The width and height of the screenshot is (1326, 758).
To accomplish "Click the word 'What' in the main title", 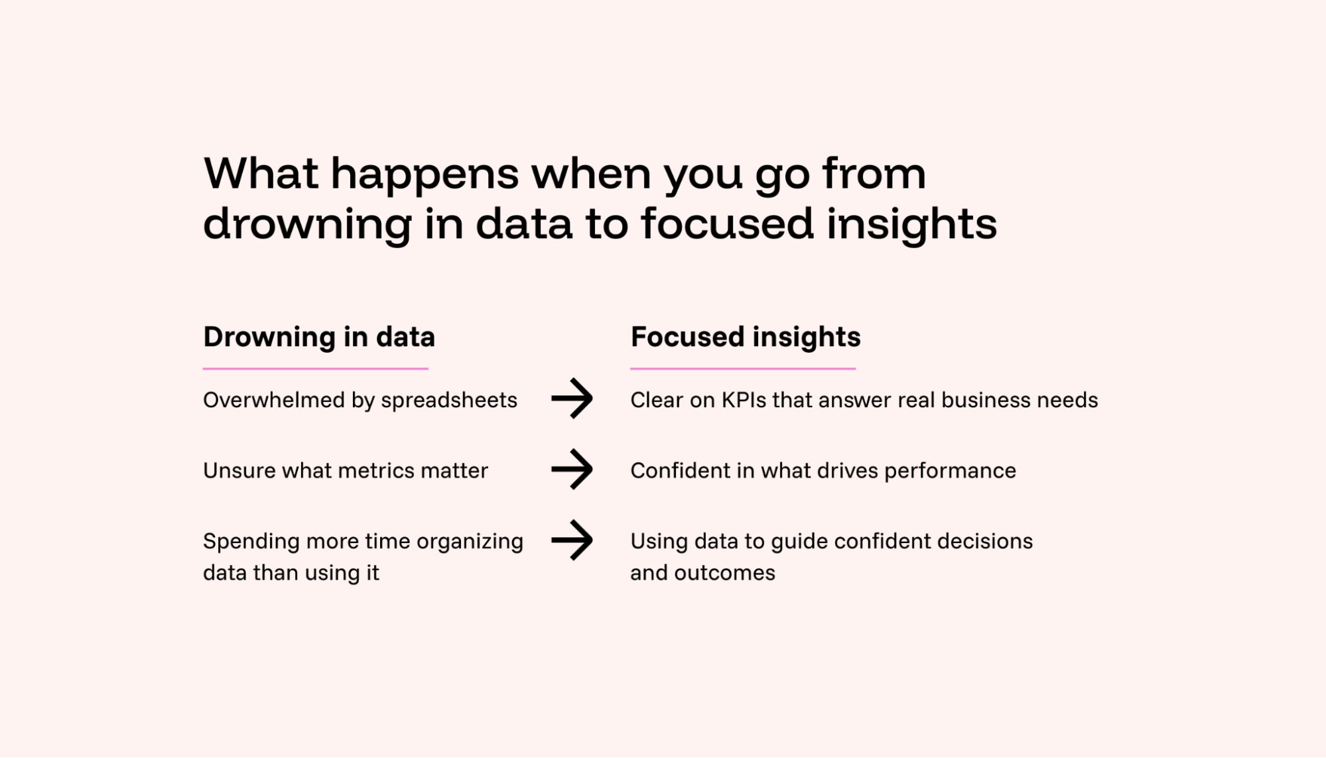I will (x=261, y=174).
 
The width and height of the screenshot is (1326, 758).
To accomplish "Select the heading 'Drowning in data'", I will (x=319, y=337).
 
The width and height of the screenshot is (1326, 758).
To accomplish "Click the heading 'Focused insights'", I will (x=746, y=337).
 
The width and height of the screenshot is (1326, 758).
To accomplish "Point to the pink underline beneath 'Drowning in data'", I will (x=316, y=368).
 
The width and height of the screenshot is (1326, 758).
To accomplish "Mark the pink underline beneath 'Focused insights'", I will (x=743, y=368).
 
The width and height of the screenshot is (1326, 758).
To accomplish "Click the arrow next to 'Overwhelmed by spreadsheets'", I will (x=572, y=399).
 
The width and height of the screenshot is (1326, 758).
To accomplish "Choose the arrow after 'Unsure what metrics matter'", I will (x=572, y=470).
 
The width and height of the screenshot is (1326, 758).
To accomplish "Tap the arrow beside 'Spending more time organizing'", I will (x=572, y=540).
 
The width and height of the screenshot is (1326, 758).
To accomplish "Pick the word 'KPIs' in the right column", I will (x=744, y=400).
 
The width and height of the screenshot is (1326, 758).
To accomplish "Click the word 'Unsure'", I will (x=239, y=470).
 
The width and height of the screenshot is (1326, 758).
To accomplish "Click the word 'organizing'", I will (x=470, y=542).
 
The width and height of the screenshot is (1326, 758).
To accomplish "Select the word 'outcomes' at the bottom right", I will (x=724, y=572).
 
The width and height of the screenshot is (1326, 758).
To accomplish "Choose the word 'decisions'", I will (x=985, y=541).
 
